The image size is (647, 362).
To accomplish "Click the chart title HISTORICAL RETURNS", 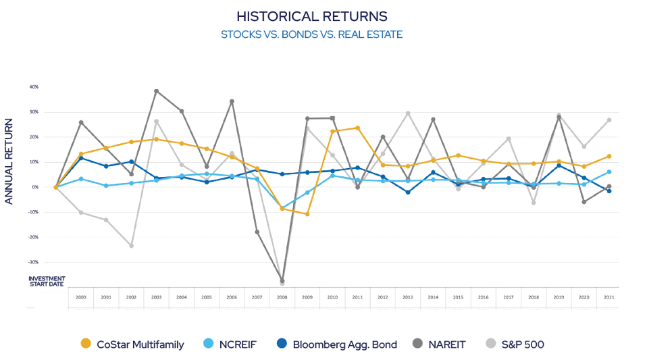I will pos(311,16).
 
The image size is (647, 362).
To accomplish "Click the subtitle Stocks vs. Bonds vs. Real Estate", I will pos(311,34).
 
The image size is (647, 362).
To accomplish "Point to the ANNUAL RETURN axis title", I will pos(9,161).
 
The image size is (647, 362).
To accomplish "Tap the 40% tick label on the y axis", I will pos(33,86).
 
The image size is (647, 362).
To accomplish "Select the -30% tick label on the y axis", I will pos(32,262).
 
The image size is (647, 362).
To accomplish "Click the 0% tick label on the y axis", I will pos(34,187).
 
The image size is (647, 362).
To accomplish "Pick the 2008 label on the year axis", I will pos(282,297).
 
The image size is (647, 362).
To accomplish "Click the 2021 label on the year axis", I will pos(609,297).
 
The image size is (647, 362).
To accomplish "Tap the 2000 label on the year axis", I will pos(81,297).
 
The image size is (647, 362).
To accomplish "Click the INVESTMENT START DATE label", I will pos(47,281).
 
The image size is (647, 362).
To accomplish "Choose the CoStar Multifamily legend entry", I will pos(132,344).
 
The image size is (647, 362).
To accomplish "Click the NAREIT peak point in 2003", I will pos(156,91).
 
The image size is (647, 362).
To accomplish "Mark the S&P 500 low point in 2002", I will pos(131,246).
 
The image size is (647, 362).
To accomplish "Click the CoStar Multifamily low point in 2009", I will pos(307,214).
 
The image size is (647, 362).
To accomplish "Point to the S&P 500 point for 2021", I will pos(609,120).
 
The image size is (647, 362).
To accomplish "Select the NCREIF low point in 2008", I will pos(282,208).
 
